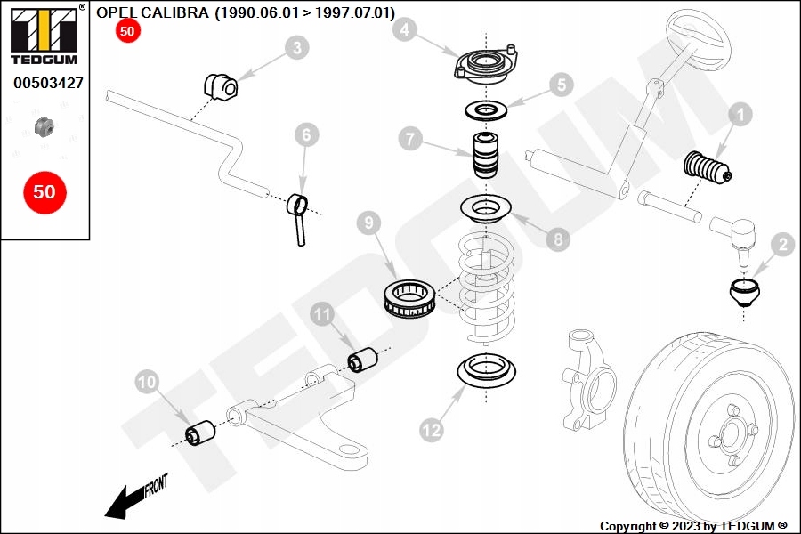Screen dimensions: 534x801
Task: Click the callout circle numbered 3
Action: pos(298,48)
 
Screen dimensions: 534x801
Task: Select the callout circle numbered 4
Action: pos(405,30)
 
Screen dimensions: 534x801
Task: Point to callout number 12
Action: pos(432,430)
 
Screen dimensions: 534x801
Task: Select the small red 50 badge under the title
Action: pos(127,31)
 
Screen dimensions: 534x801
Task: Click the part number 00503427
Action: pos(48,83)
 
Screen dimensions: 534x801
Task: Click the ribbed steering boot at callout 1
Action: pos(706,169)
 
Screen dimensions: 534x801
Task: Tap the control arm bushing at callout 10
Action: pos(200,433)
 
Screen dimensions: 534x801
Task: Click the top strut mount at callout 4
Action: pos(481,68)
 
